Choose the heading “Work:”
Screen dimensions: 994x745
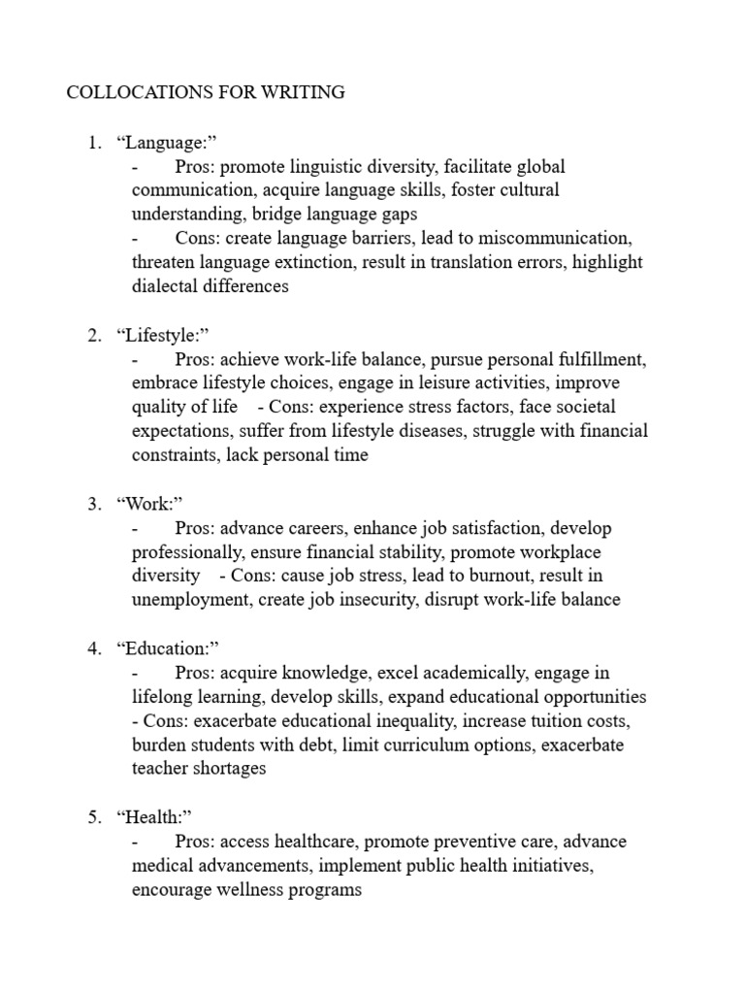point(149,504)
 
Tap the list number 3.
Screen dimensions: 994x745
point(94,504)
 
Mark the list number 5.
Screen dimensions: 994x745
point(94,817)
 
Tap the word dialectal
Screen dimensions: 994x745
point(166,286)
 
